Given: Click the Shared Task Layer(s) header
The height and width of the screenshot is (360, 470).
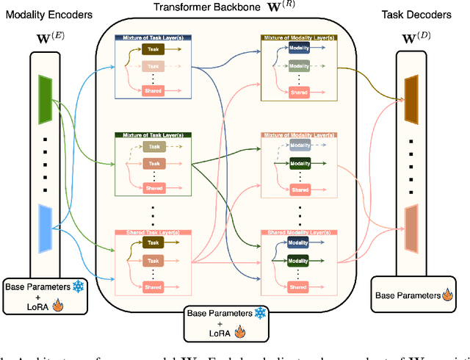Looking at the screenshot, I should pos(153,233).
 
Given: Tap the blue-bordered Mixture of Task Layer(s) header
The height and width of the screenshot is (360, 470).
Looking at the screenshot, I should pos(153,37).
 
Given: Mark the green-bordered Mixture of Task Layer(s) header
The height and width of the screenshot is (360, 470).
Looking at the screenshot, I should pos(153,135).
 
